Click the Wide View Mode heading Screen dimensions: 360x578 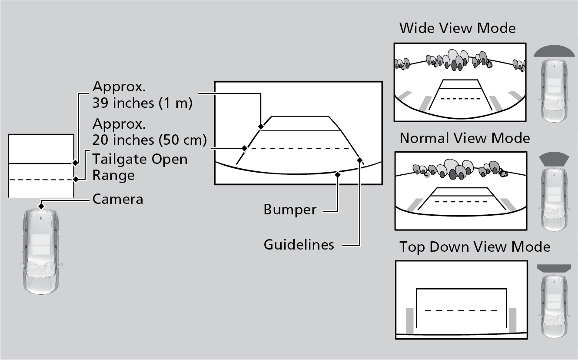pyautogui.click(x=457, y=28)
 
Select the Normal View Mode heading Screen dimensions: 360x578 pyautogui.click(x=465, y=138)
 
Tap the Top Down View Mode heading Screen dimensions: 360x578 pyautogui.click(x=475, y=247)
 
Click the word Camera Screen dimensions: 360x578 pyautogui.click(x=118, y=199)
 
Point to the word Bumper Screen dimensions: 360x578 pyautogui.click(x=290, y=210)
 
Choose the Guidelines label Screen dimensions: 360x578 pyautogui.click(x=299, y=244)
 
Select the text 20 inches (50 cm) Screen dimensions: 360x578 pyautogui.click(x=149, y=140)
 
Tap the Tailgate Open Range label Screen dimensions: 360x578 pyautogui.click(x=140, y=167)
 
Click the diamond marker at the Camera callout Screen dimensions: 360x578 pyautogui.click(x=40, y=204)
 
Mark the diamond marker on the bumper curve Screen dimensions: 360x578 pyautogui.click(x=338, y=174)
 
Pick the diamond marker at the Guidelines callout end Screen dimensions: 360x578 pyautogui.click(x=359, y=160)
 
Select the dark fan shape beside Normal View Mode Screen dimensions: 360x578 pyautogui.click(x=553, y=159)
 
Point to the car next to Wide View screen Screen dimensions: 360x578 pyautogui.click(x=554, y=90)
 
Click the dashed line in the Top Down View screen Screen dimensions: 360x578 pyautogui.click(x=461, y=310)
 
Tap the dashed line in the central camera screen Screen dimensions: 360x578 pyautogui.click(x=298, y=148)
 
